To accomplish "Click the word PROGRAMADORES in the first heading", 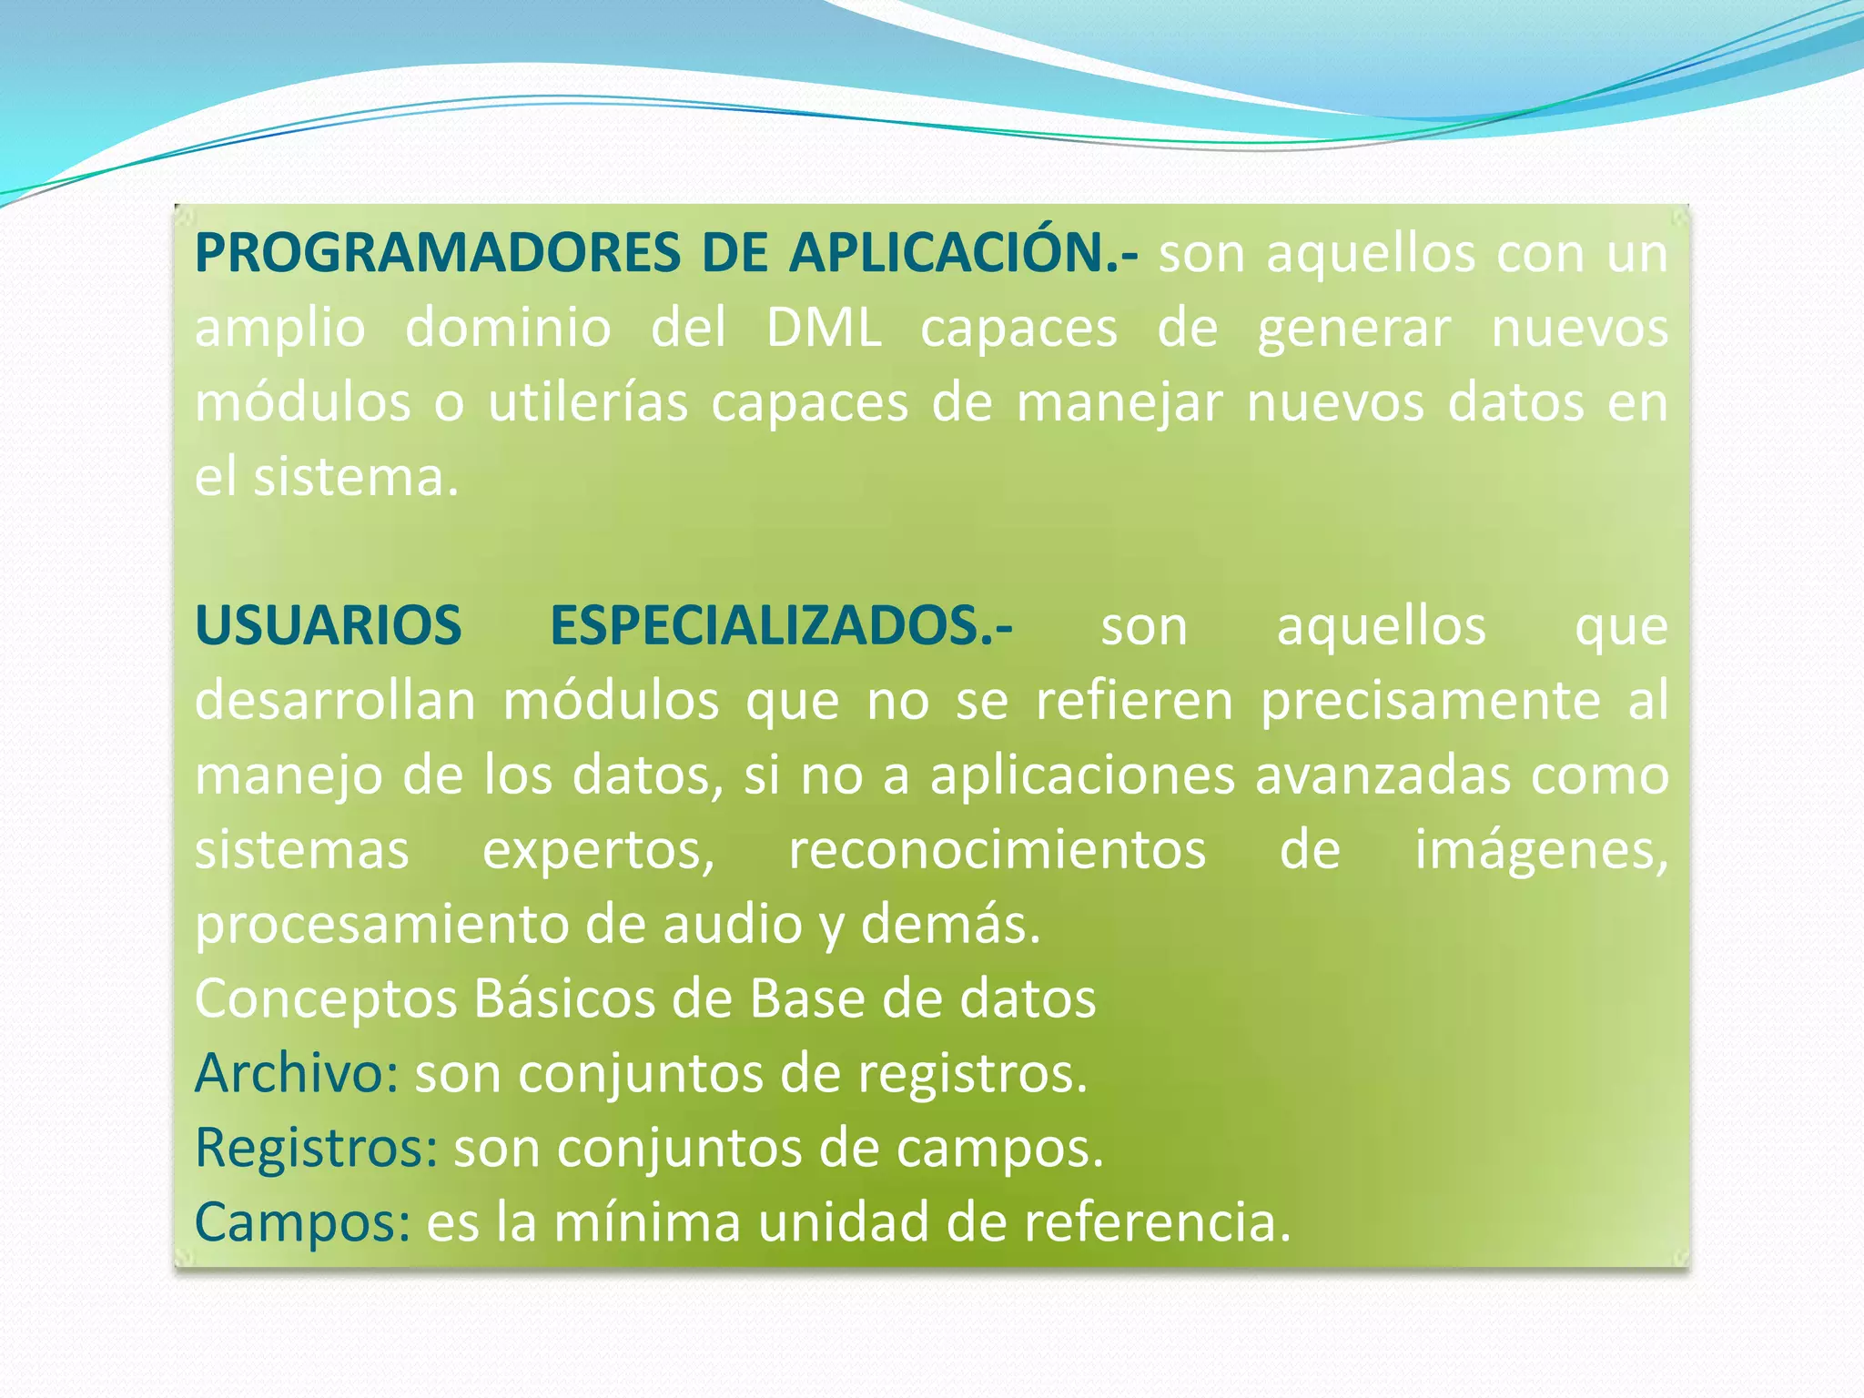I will (437, 253).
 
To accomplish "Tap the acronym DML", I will (824, 328).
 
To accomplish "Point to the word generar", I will (1354, 329).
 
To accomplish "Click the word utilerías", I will (588, 402).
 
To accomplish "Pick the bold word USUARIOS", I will (329, 626).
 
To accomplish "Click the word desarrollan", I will (335, 701).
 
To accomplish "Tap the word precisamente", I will (1430, 703).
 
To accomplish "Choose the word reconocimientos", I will (997, 850).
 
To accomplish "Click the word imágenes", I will (1540, 852).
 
